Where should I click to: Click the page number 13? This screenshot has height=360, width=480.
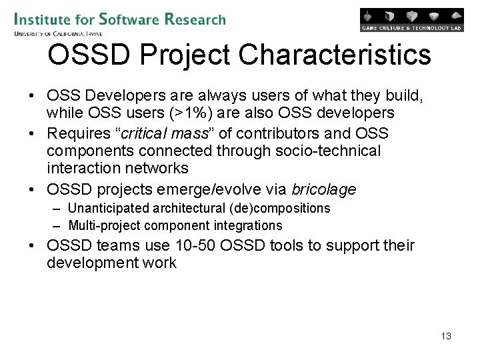click(x=446, y=336)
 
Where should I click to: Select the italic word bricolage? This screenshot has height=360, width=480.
click(x=323, y=189)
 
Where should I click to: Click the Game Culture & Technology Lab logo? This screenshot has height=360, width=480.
click(x=411, y=19)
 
